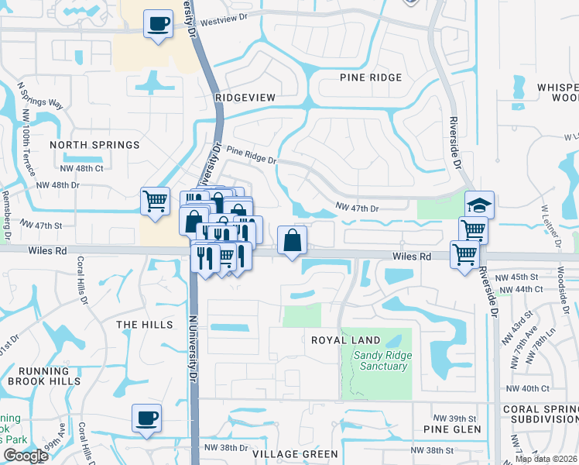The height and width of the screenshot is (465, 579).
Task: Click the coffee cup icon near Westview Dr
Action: click(x=158, y=25)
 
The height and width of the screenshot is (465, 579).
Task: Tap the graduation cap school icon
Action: click(x=479, y=205)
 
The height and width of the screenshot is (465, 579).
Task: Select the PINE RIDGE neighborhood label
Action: click(x=371, y=77)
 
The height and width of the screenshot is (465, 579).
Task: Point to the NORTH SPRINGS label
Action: click(x=94, y=145)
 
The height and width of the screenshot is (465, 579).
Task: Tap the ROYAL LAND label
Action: click(x=346, y=340)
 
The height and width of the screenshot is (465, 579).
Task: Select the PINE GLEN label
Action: click(x=453, y=429)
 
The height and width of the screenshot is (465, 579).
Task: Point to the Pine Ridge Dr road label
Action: click(x=251, y=157)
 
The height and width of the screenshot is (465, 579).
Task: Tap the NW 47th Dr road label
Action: click(x=357, y=208)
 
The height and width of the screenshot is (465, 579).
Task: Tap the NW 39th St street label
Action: click(x=449, y=416)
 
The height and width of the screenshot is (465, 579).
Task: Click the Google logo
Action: click(x=25, y=456)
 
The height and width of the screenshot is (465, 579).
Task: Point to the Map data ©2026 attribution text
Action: click(x=546, y=459)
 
